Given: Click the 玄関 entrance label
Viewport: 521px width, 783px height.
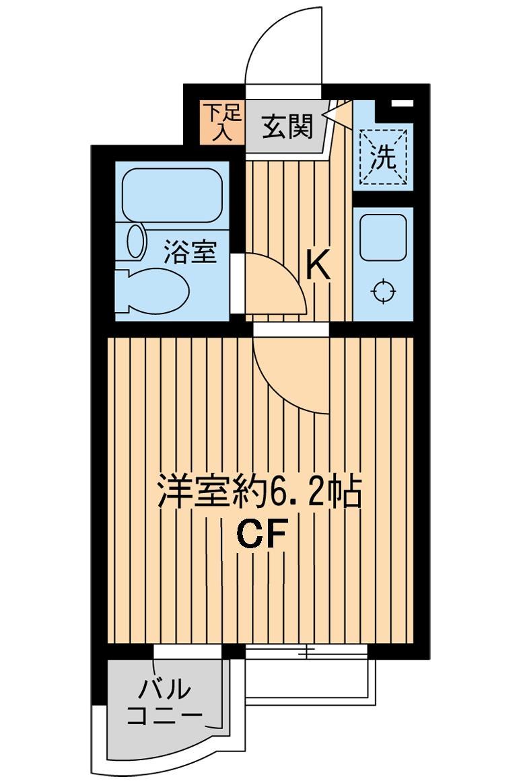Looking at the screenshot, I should (x=287, y=127).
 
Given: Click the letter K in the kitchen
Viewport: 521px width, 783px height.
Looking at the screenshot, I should (x=318, y=265).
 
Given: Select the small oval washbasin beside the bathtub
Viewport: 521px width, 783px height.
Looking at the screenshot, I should (x=136, y=241).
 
